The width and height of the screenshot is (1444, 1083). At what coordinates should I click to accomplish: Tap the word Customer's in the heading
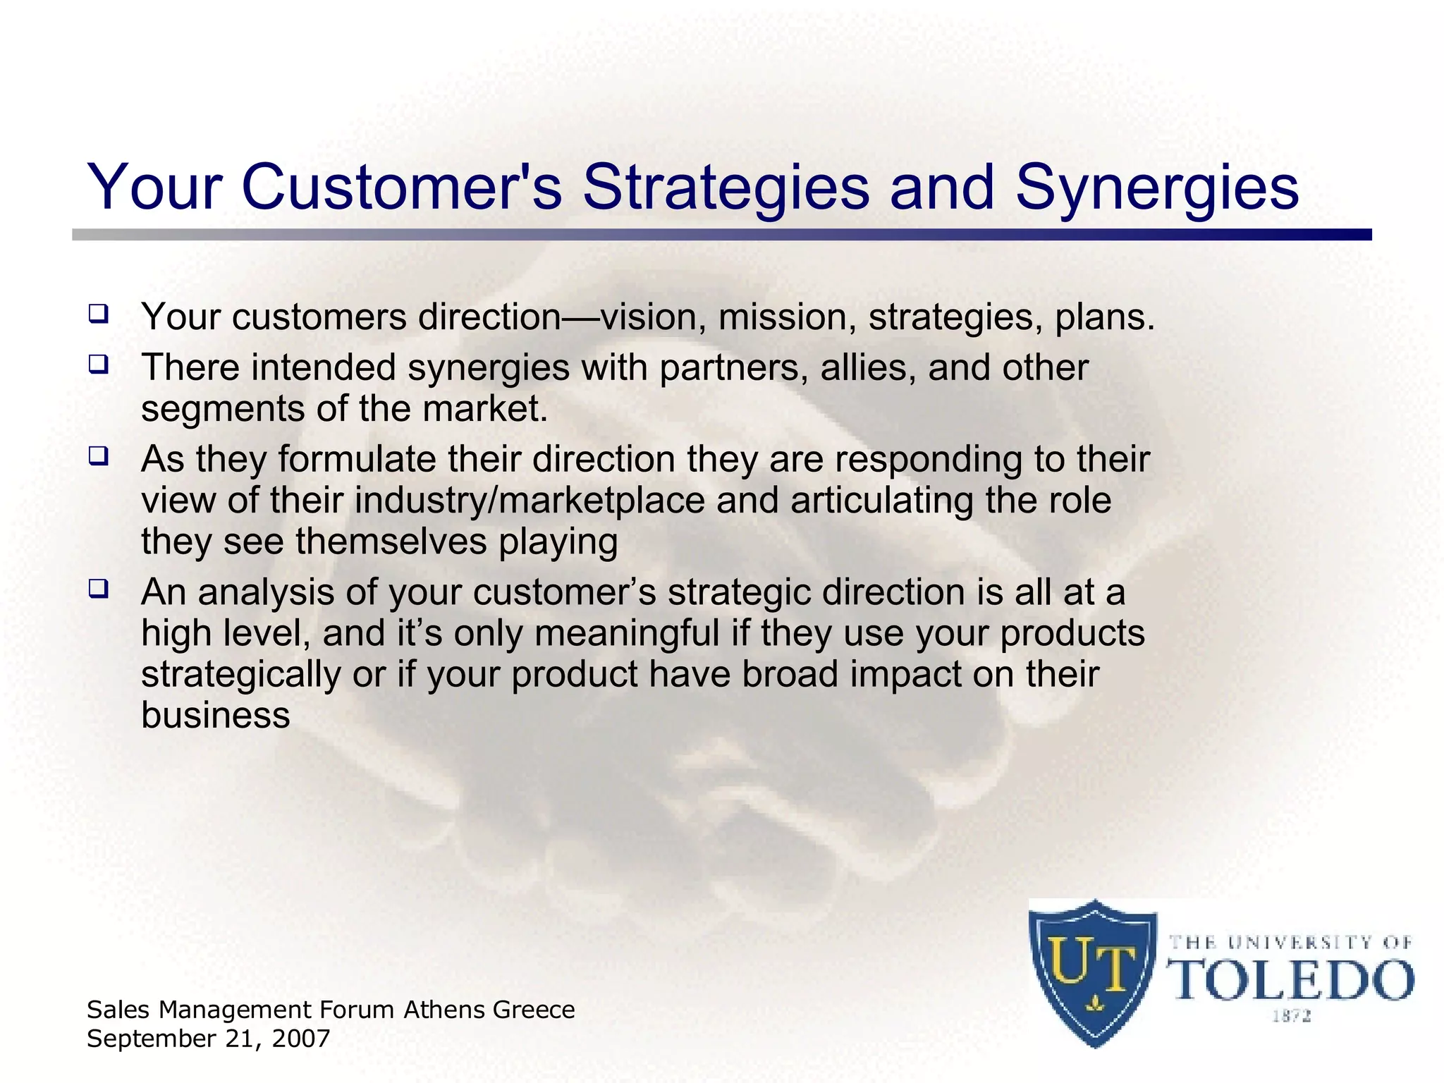pos(401,188)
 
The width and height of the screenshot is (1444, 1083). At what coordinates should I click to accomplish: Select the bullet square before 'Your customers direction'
pos(99,313)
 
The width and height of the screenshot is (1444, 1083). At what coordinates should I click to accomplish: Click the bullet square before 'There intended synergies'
pos(99,365)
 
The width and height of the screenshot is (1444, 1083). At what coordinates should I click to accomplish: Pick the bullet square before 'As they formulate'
pos(99,456)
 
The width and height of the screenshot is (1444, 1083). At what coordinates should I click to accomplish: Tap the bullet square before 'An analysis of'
pos(99,588)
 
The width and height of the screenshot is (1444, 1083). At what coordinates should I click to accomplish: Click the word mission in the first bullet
pos(786,317)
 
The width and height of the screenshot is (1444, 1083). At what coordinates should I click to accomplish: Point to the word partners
pos(733,369)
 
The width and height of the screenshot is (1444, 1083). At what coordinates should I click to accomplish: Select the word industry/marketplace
pos(530,501)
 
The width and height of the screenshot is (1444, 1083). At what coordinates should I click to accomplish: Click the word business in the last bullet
pos(215,716)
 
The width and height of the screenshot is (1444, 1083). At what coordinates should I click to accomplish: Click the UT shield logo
pos(1092,972)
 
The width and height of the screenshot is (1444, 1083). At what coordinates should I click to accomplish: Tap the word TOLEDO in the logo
pos(1291,980)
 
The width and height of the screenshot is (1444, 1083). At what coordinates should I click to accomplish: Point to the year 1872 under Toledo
pos(1291,1016)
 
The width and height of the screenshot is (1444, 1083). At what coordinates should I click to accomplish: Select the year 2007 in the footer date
pos(302,1039)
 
